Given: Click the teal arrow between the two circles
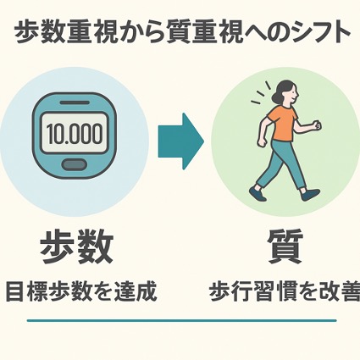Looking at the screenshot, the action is (180, 141).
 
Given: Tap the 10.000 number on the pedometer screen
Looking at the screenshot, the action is (75, 133).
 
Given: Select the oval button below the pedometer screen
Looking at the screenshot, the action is (74, 164).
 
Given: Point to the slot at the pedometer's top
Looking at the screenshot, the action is (75, 102).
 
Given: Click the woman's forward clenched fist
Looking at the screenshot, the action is (318, 125).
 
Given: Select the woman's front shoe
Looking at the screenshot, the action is (310, 194).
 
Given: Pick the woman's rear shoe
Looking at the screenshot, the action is (258, 193).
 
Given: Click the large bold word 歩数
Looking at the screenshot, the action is (77, 246).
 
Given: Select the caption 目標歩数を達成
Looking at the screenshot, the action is (81, 291).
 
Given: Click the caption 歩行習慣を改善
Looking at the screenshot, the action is (285, 291).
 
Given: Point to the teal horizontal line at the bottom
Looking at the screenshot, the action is (182, 321).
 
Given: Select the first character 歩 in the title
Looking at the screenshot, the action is (25, 34).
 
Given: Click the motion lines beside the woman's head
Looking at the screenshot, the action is (261, 93).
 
